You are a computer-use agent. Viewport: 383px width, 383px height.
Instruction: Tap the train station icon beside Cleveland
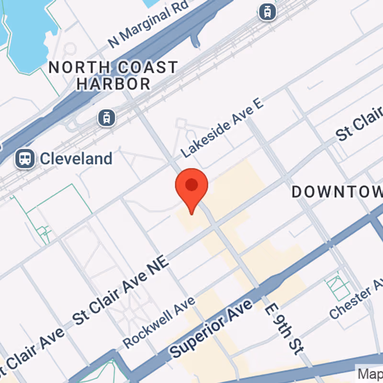point(24,158)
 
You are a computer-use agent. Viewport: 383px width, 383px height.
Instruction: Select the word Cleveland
point(76,158)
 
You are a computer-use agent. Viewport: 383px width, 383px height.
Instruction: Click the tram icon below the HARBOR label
point(106,117)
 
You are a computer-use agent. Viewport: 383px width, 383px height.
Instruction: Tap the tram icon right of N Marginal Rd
point(267,11)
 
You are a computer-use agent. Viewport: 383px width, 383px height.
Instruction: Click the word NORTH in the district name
point(73,68)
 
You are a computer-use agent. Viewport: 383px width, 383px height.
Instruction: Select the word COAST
point(144,68)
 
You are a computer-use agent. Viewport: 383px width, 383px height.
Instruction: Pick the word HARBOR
point(114,84)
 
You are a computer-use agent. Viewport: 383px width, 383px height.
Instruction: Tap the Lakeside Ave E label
point(223,129)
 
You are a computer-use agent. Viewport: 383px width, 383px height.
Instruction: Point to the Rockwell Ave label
point(159,323)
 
